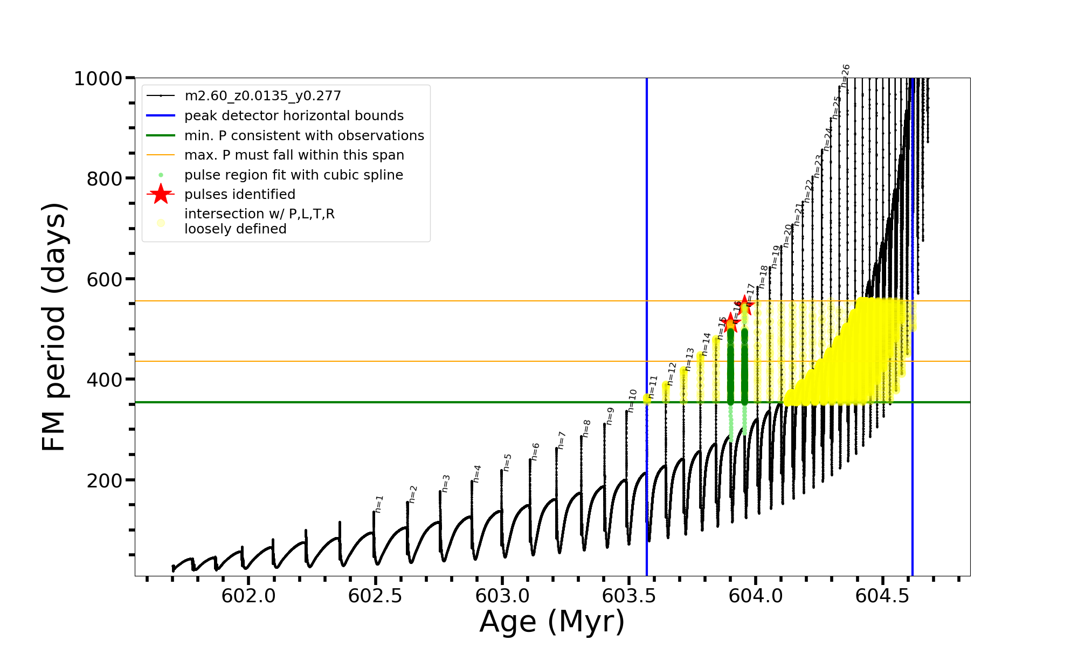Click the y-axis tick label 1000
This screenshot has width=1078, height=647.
click(x=98, y=79)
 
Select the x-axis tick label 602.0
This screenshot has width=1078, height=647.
click(x=248, y=596)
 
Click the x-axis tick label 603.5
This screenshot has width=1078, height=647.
click(x=628, y=596)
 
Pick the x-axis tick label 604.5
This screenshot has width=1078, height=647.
click(x=882, y=596)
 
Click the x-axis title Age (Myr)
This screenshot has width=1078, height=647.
click(x=552, y=622)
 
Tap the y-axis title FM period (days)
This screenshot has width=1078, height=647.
click(x=54, y=327)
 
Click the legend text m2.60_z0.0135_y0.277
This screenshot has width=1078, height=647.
click(x=262, y=96)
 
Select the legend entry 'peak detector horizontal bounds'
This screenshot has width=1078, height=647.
click(x=294, y=116)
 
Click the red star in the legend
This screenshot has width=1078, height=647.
click(x=161, y=194)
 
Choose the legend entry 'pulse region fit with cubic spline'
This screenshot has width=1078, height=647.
click(x=293, y=175)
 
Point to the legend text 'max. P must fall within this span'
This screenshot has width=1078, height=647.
click(x=294, y=155)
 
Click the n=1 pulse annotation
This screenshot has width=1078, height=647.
click(x=379, y=504)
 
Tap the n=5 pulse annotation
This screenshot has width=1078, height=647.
click(x=507, y=463)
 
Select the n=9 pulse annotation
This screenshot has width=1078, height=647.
click(x=610, y=416)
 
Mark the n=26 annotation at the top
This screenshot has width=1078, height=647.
click(x=845, y=75)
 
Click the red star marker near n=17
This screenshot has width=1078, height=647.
click(x=745, y=305)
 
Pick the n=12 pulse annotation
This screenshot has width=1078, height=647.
click(x=672, y=374)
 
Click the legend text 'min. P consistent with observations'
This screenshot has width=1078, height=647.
click(x=304, y=136)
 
